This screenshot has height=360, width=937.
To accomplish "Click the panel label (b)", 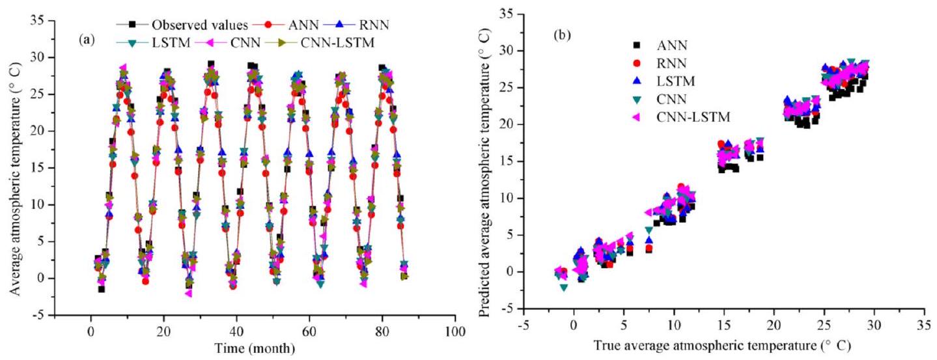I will point(561,35).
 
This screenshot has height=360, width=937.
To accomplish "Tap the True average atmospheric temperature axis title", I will point(710,345).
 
